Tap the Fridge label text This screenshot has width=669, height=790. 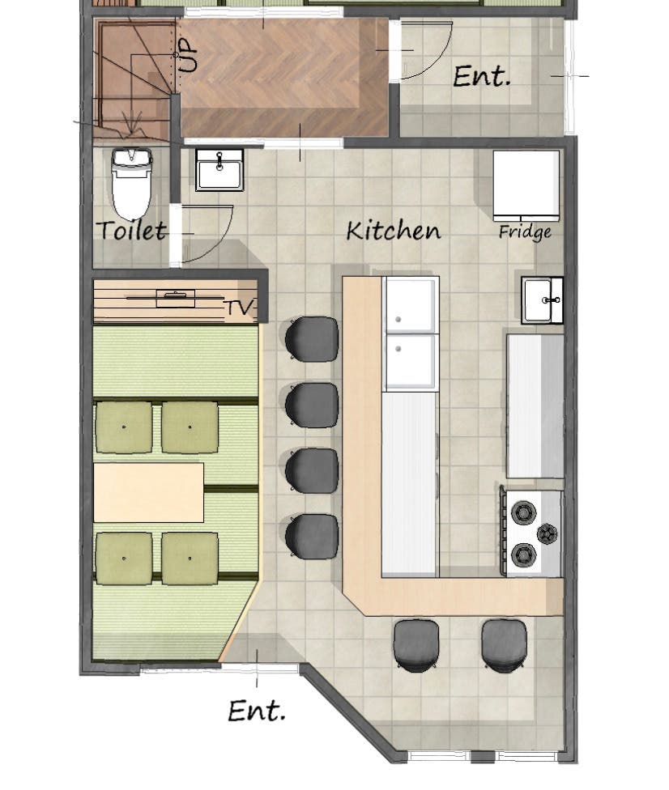525,231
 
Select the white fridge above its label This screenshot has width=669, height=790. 526,185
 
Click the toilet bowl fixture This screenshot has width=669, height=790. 131,184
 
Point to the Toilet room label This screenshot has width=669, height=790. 132,231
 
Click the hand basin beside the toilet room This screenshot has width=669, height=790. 219,170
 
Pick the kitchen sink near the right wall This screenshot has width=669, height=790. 543,300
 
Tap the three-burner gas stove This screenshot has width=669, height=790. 532,533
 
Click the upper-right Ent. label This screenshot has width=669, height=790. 481,77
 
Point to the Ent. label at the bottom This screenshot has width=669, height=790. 257,711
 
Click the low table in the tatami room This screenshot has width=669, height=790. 149,492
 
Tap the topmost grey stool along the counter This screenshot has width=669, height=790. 311,338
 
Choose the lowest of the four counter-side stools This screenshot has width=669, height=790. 311,536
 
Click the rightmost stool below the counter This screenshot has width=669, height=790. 504,645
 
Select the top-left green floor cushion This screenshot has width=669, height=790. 124,427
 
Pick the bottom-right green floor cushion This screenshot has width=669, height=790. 190,559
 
